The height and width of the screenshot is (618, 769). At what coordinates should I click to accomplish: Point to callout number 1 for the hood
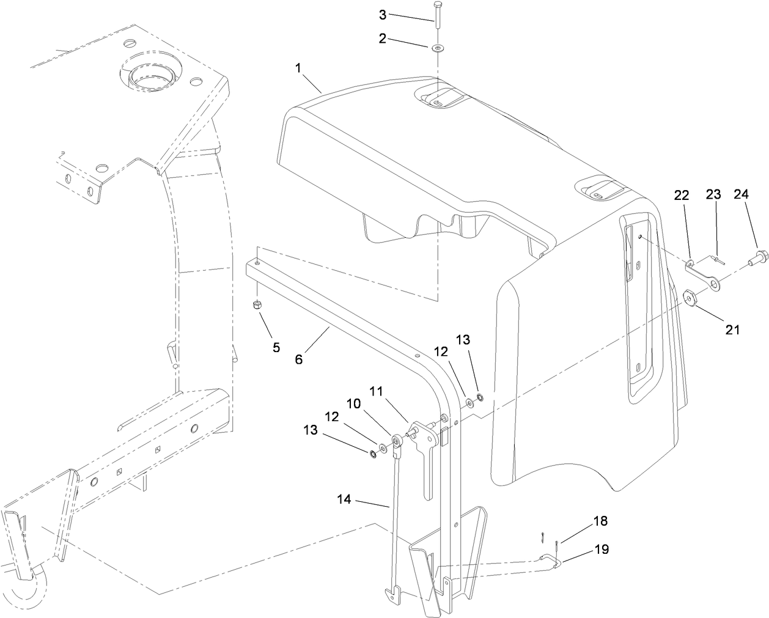tap(299, 68)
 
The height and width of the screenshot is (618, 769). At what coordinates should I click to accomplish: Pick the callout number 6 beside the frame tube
tap(298, 359)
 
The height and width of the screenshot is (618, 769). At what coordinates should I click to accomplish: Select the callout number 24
tap(740, 195)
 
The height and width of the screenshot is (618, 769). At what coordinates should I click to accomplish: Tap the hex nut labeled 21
tap(689, 298)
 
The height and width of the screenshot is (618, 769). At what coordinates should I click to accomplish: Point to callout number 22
tap(681, 195)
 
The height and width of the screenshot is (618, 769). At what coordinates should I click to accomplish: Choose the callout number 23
tap(713, 195)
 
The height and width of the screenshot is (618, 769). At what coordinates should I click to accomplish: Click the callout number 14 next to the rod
tap(344, 499)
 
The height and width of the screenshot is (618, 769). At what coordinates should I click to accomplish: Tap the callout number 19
tap(601, 550)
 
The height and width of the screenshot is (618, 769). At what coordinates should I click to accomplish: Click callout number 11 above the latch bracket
tap(377, 390)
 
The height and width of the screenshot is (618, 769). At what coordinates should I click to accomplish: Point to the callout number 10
tap(353, 403)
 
